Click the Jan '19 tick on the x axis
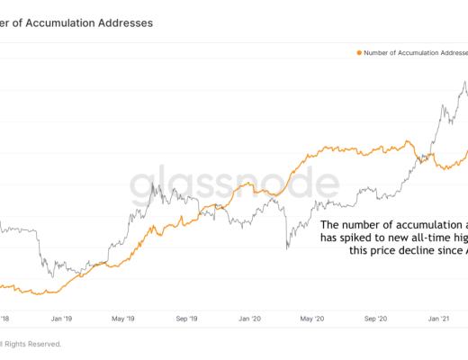(62, 318)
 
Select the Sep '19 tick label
(186, 318)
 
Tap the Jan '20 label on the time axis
(248, 318)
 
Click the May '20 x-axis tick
(311, 318)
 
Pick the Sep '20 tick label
(374, 318)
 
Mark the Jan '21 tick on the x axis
(437, 318)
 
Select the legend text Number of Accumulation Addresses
(414, 53)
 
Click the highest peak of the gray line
(464, 82)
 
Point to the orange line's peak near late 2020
(410, 141)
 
